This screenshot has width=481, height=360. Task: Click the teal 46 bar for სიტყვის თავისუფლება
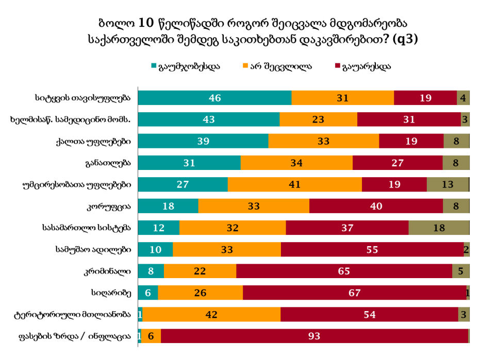(x=214, y=98)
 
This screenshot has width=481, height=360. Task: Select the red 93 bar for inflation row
(x=314, y=336)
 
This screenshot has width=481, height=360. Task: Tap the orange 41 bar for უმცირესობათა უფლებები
(x=295, y=184)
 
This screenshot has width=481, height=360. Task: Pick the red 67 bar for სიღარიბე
(x=354, y=293)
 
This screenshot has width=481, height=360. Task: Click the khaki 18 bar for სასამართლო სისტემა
(x=439, y=228)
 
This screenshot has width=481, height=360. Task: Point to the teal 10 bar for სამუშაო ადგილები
(x=156, y=249)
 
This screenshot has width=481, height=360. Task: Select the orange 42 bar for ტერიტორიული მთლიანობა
(x=211, y=314)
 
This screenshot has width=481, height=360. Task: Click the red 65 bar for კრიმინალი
(x=344, y=271)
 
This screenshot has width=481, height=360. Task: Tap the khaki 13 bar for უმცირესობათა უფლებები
(x=447, y=184)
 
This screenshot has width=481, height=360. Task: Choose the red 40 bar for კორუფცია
(x=376, y=206)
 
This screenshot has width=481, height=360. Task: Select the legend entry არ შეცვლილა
(x=276, y=66)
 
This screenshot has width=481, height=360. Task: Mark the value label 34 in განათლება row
(x=296, y=163)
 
